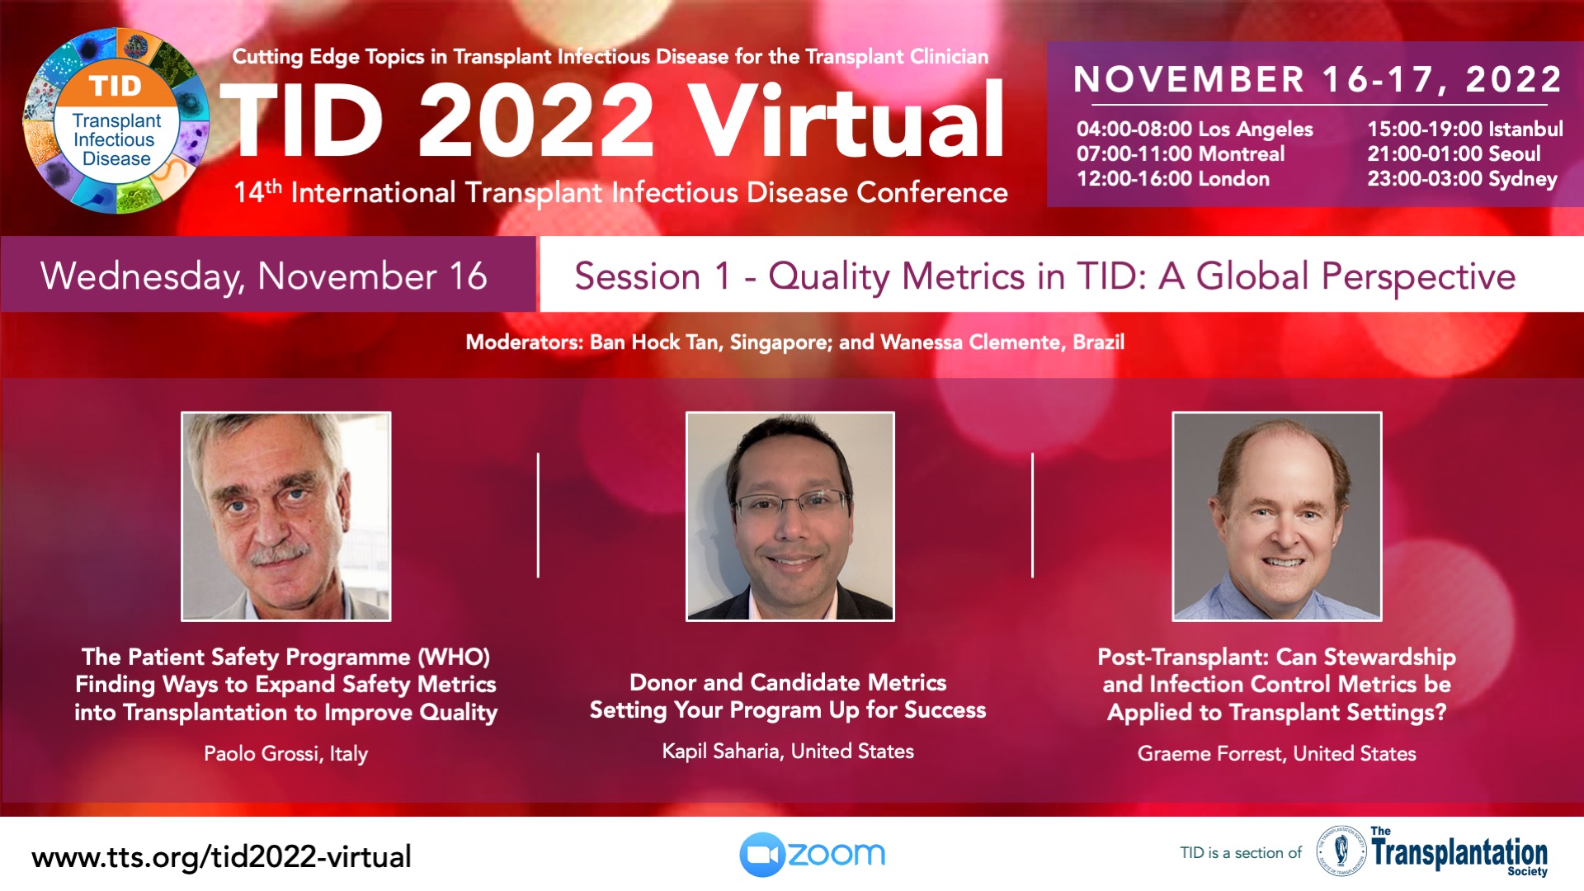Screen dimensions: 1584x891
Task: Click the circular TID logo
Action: [x=116, y=120]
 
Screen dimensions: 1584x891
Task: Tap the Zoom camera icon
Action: [x=761, y=855]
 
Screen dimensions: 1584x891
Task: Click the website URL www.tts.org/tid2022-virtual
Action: [x=221, y=857]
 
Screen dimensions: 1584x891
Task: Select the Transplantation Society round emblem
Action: [x=1341, y=851]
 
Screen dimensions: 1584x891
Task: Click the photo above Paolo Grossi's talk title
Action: [x=286, y=516]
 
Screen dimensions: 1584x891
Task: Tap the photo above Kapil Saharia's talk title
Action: [x=790, y=516]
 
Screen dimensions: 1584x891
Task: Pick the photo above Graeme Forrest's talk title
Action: [x=1277, y=516]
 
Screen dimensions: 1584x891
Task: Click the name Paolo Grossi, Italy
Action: [x=285, y=753]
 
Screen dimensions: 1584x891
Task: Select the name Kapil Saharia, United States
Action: [x=788, y=751]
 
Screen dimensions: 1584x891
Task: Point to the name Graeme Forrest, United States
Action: [x=1277, y=753]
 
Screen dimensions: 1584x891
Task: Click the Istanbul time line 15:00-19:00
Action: [x=1465, y=129]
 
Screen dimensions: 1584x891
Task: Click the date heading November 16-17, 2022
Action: [x=1318, y=79]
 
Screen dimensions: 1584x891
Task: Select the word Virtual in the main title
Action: [x=846, y=120]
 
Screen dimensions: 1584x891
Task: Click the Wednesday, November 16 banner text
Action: [x=264, y=276]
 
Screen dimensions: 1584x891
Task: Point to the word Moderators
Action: [x=523, y=342]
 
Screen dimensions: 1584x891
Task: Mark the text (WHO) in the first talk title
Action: [x=454, y=658]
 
